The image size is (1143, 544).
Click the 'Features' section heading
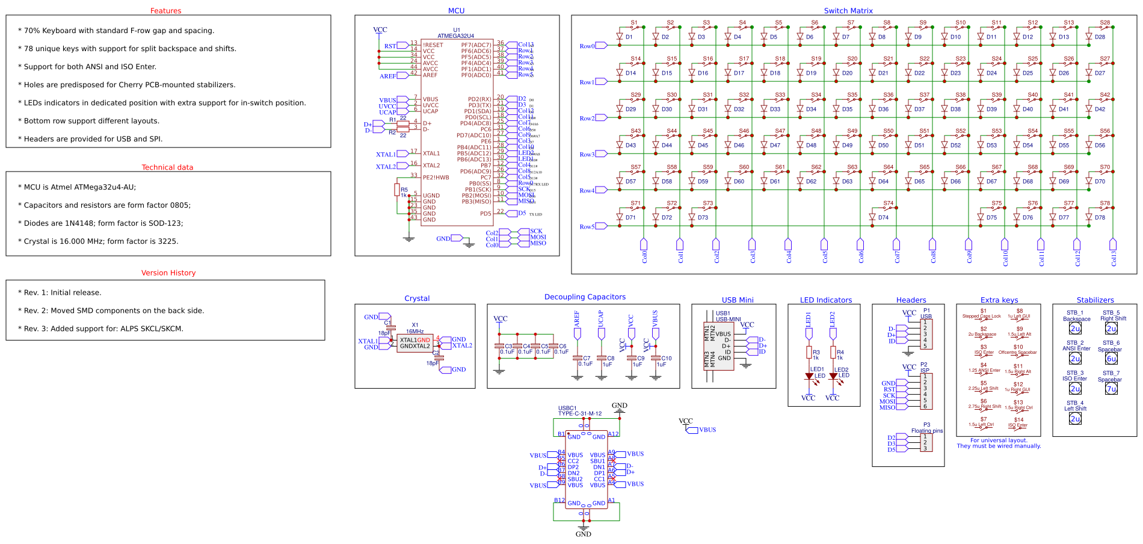point(165,11)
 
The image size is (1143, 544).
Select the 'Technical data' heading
point(167,167)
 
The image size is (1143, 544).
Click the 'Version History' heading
point(168,273)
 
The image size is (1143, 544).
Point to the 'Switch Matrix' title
point(848,11)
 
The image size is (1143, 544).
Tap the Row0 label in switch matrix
point(587,46)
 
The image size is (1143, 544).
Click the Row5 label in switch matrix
point(587,227)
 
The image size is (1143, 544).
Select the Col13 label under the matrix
point(1114,258)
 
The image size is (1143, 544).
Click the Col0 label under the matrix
point(644,257)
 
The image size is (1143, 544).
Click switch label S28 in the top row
point(1105,23)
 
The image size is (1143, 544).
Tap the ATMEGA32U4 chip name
point(455,36)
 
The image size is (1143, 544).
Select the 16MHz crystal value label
point(414,332)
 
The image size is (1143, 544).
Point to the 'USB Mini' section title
point(738,300)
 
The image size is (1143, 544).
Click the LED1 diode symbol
point(809,377)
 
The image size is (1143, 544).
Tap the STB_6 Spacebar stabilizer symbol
point(1111,359)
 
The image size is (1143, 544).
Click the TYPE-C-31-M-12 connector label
point(579,413)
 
